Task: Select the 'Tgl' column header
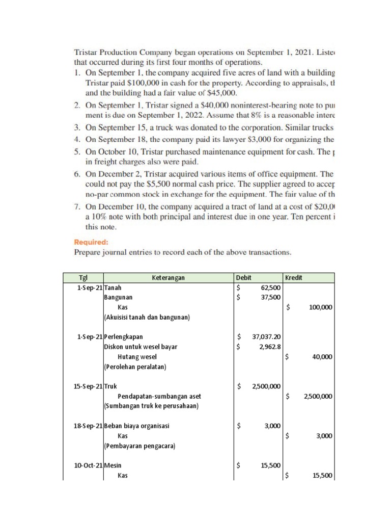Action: click(x=83, y=278)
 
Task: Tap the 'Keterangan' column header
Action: click(x=168, y=278)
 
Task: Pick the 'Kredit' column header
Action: click(x=294, y=278)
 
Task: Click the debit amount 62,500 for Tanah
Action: click(x=270, y=288)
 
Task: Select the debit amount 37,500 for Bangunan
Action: click(x=270, y=298)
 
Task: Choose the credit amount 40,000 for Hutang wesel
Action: click(x=322, y=357)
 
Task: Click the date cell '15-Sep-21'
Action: click(x=89, y=386)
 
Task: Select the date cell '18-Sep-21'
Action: click(x=89, y=426)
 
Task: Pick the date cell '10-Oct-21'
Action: click(x=89, y=465)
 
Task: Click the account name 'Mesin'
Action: click(x=113, y=465)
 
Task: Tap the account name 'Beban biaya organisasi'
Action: click(x=136, y=426)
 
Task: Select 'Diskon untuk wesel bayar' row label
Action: click(x=141, y=347)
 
